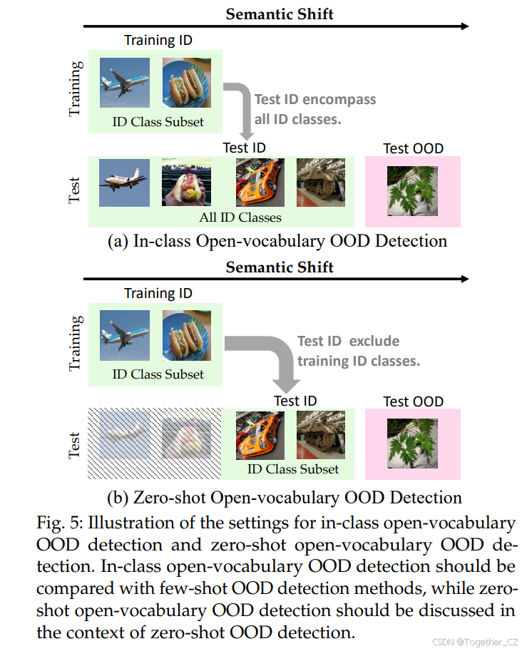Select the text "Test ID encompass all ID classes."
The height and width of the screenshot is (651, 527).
[x=314, y=109]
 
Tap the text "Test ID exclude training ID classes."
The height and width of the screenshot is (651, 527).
[x=359, y=351]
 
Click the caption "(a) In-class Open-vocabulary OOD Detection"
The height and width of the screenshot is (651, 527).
[x=277, y=241]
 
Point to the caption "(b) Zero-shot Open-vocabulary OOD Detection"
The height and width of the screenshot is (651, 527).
[x=277, y=497]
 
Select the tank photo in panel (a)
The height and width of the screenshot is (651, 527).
[x=320, y=183]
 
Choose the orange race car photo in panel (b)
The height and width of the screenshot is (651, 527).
[x=260, y=435]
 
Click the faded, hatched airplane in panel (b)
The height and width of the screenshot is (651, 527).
[x=124, y=435]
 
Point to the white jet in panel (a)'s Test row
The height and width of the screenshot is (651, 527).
[x=124, y=183]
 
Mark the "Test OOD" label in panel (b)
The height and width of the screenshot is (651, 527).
[x=413, y=401]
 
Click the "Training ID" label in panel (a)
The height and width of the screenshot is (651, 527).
[x=158, y=40]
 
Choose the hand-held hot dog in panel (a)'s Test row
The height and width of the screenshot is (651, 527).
[x=185, y=183]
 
